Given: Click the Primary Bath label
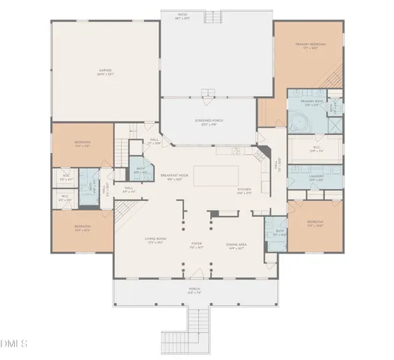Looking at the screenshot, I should (x=312, y=101).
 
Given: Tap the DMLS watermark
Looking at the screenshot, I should (x=14, y=344).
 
